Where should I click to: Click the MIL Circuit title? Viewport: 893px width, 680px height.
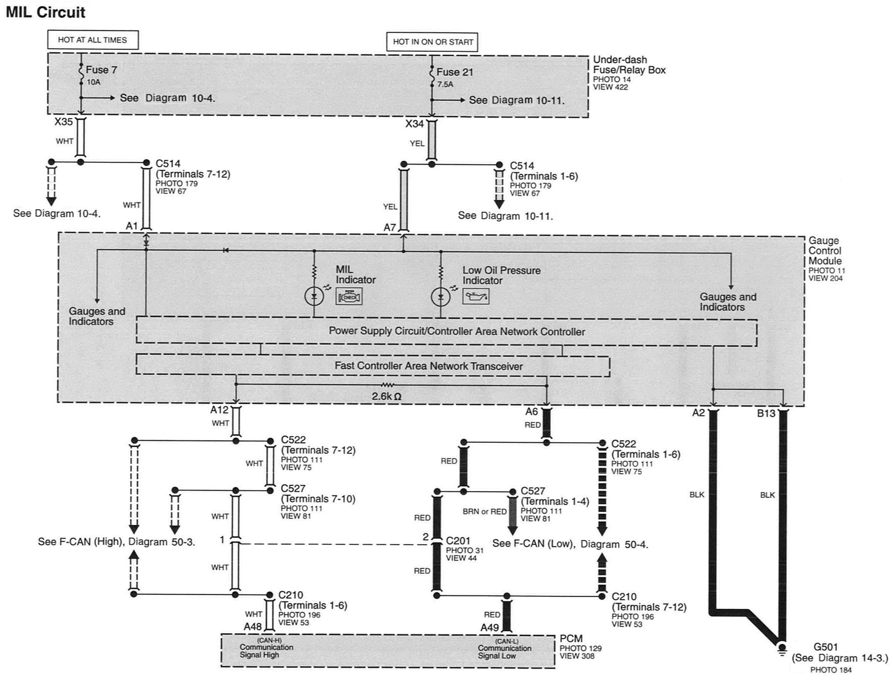45,12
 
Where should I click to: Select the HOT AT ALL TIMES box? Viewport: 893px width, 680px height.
93,40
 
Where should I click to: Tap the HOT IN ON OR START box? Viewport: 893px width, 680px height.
432,42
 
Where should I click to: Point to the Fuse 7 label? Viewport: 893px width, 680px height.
101,70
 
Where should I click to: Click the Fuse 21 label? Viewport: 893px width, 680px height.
454,72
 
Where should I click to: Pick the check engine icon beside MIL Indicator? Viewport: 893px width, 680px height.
349,297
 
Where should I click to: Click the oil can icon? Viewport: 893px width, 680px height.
476,297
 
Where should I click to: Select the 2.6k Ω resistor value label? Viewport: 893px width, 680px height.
387,396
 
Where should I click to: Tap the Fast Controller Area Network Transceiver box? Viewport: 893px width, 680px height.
373,366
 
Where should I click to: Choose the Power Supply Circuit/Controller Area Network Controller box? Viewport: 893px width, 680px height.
446,331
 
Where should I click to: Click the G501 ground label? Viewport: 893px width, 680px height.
826,647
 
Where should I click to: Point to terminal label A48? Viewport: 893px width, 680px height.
252,627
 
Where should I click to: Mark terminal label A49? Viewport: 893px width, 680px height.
489,628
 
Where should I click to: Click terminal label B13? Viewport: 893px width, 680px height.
766,413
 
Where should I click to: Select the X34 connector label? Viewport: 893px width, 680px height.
414,124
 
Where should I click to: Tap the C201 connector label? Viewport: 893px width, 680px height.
458,541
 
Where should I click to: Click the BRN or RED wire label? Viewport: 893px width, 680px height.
484,512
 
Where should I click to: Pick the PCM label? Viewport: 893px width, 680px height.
571,638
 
